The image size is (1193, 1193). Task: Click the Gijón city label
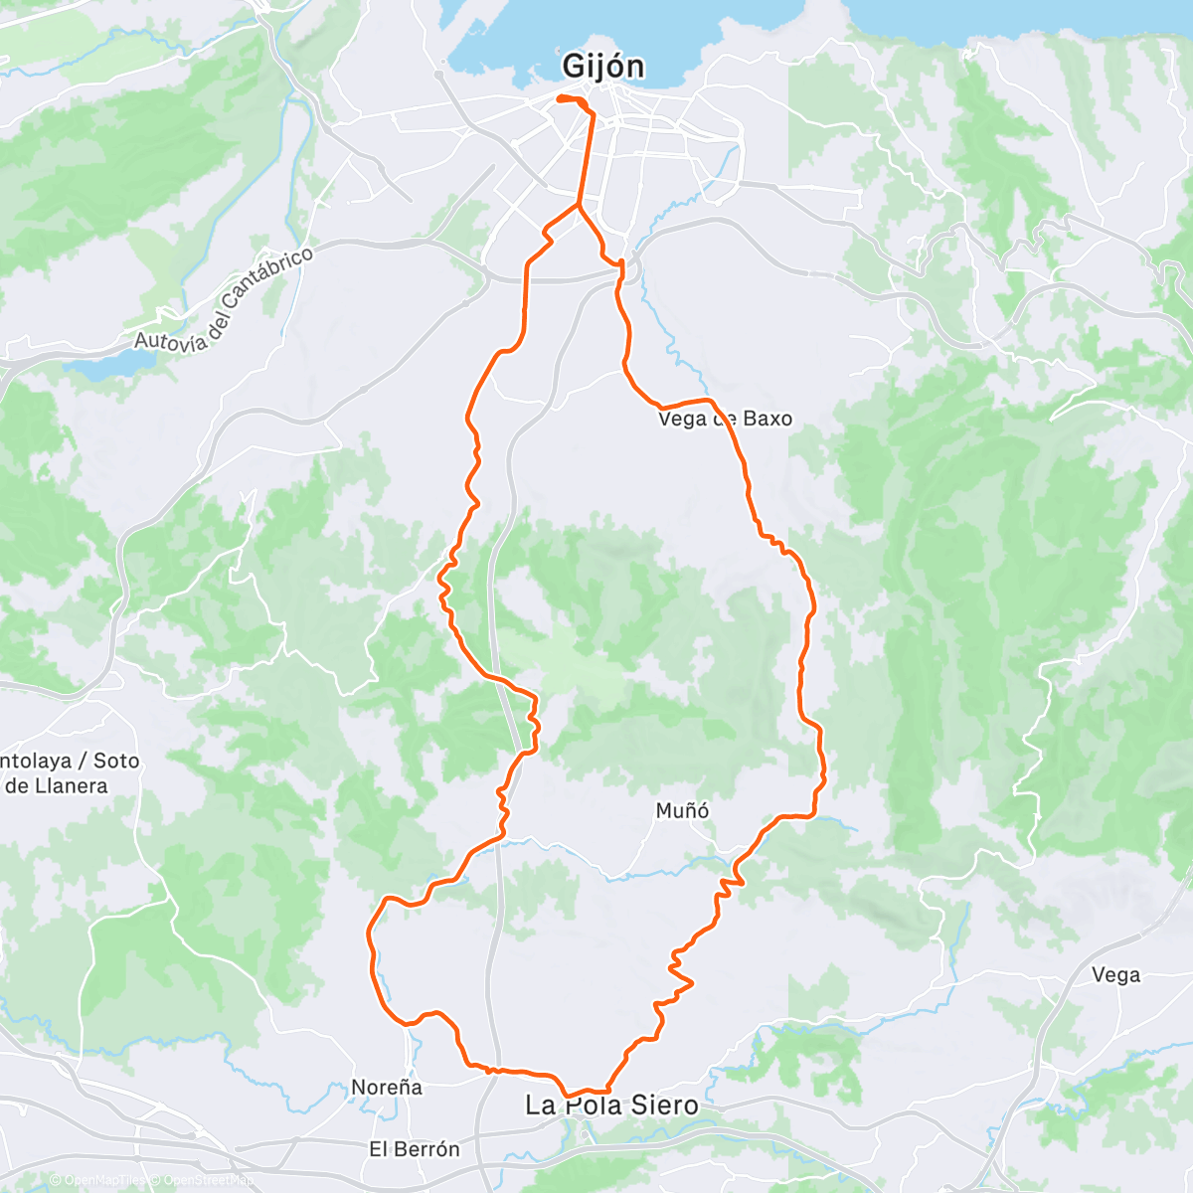(603, 67)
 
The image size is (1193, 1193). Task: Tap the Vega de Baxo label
(725, 419)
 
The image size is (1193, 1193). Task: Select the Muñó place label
(683, 811)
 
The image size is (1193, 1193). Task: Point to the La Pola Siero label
(611, 1106)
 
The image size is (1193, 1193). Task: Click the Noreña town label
(387, 1088)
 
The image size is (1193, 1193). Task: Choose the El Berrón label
(415, 1149)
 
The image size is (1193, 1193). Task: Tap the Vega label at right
(1115, 975)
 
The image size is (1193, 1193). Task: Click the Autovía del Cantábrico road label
(224, 298)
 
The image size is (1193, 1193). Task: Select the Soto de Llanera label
(70, 773)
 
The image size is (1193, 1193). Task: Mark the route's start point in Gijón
(561, 97)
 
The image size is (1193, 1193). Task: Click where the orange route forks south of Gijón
(579, 206)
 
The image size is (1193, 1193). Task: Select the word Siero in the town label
(661, 1106)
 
